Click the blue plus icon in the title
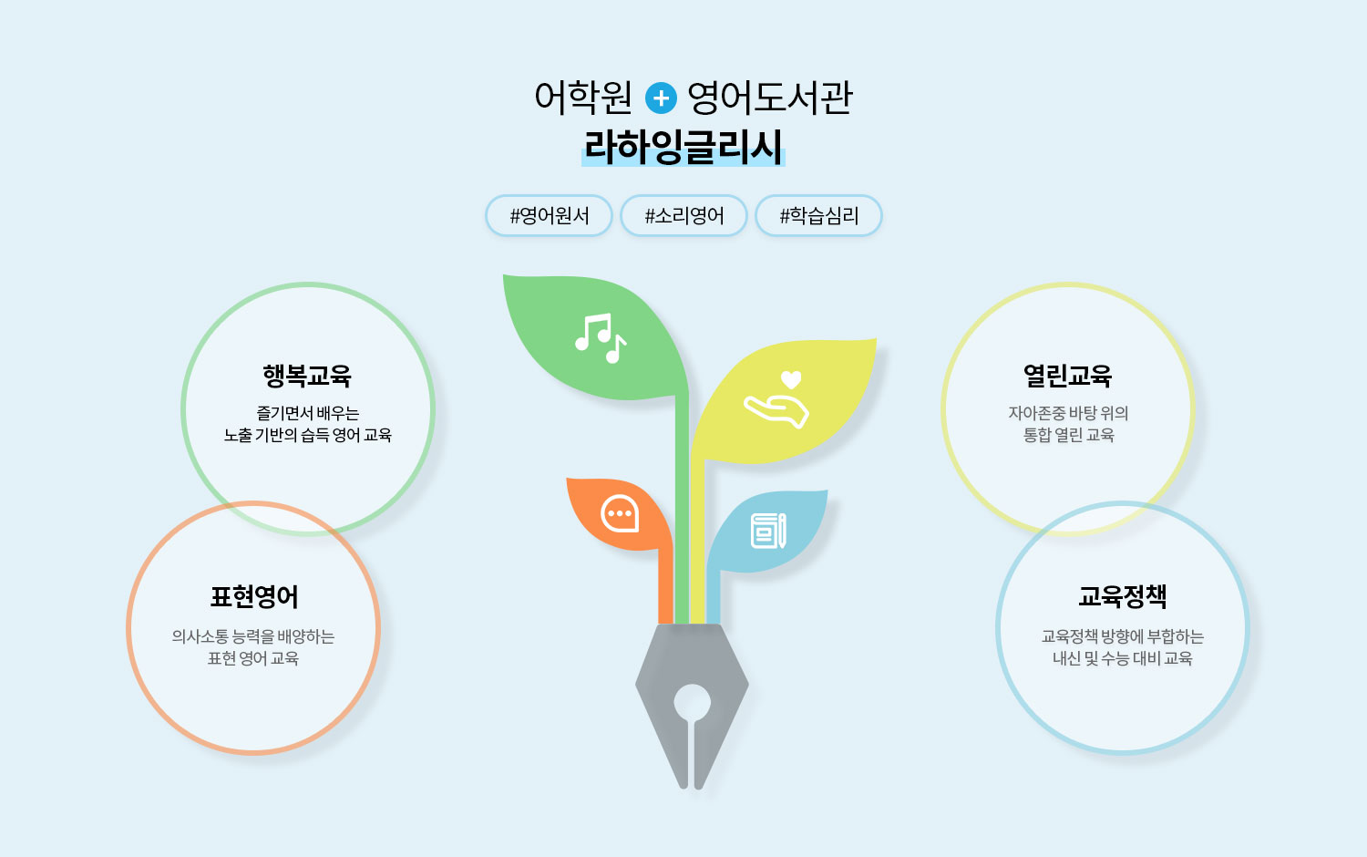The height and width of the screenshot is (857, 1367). tap(661, 98)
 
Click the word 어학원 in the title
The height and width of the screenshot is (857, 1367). tap(583, 98)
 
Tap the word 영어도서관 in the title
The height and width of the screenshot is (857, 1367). tap(769, 98)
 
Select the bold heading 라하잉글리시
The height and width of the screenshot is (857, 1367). tap(683, 147)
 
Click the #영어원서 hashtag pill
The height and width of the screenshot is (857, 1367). tap(550, 215)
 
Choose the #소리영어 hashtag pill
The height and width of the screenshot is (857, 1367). tap(684, 215)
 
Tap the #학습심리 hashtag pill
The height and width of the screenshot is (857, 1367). tap(819, 215)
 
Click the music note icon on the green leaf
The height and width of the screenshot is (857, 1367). tap(601, 338)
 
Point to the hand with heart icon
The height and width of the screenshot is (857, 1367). tap(776, 399)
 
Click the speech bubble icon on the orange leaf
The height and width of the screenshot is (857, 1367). tap(620, 513)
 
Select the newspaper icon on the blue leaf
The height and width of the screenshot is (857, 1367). tap(768, 531)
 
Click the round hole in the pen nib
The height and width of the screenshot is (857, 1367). tap(692, 703)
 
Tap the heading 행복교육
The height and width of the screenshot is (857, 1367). tap(307, 376)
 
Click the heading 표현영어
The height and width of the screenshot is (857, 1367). tap(254, 596)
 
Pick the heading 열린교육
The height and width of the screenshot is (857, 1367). tap(1067, 376)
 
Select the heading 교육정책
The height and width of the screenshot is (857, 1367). tap(1122, 596)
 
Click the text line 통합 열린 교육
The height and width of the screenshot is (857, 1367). tap(1068, 435)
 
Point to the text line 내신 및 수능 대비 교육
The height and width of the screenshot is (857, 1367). tap(1122, 658)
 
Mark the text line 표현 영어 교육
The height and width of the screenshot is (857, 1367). tap(253, 658)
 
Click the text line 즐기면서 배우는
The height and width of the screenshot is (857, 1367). tap(308, 413)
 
